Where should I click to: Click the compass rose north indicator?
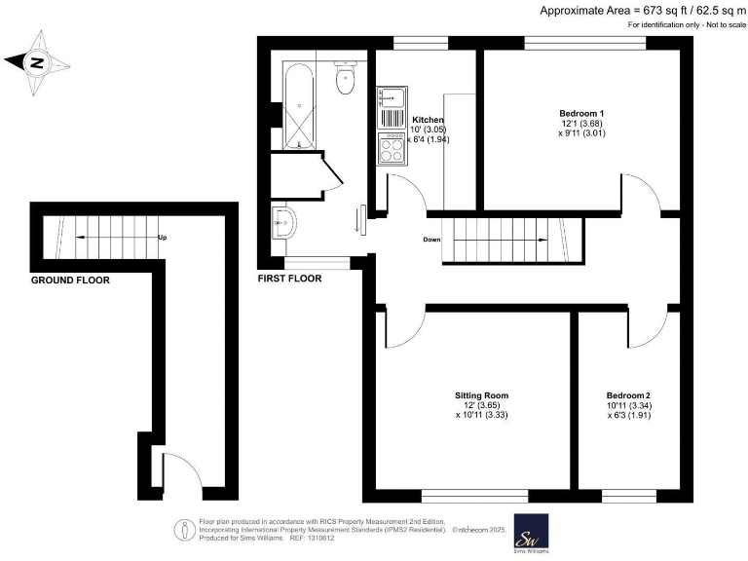click(37, 63)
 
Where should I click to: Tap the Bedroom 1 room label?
click(582, 113)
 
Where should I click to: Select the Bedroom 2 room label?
click(627, 395)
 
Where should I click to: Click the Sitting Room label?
click(482, 395)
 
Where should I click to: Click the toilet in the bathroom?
click(345, 80)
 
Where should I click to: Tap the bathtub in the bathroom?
click(297, 106)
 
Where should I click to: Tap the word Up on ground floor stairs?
click(162, 237)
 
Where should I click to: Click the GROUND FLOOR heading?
click(70, 280)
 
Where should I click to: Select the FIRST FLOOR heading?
click(289, 279)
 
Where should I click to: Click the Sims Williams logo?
click(531, 533)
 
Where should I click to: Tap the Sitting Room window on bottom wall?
click(467, 494)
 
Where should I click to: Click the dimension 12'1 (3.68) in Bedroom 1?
click(582, 124)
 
